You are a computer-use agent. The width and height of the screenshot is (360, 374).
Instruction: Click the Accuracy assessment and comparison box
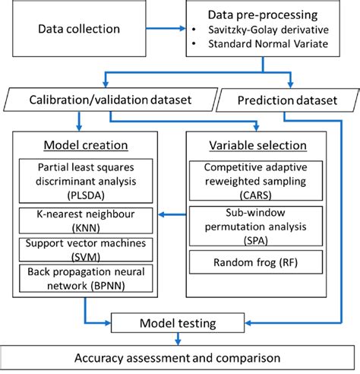click(x=179, y=357)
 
